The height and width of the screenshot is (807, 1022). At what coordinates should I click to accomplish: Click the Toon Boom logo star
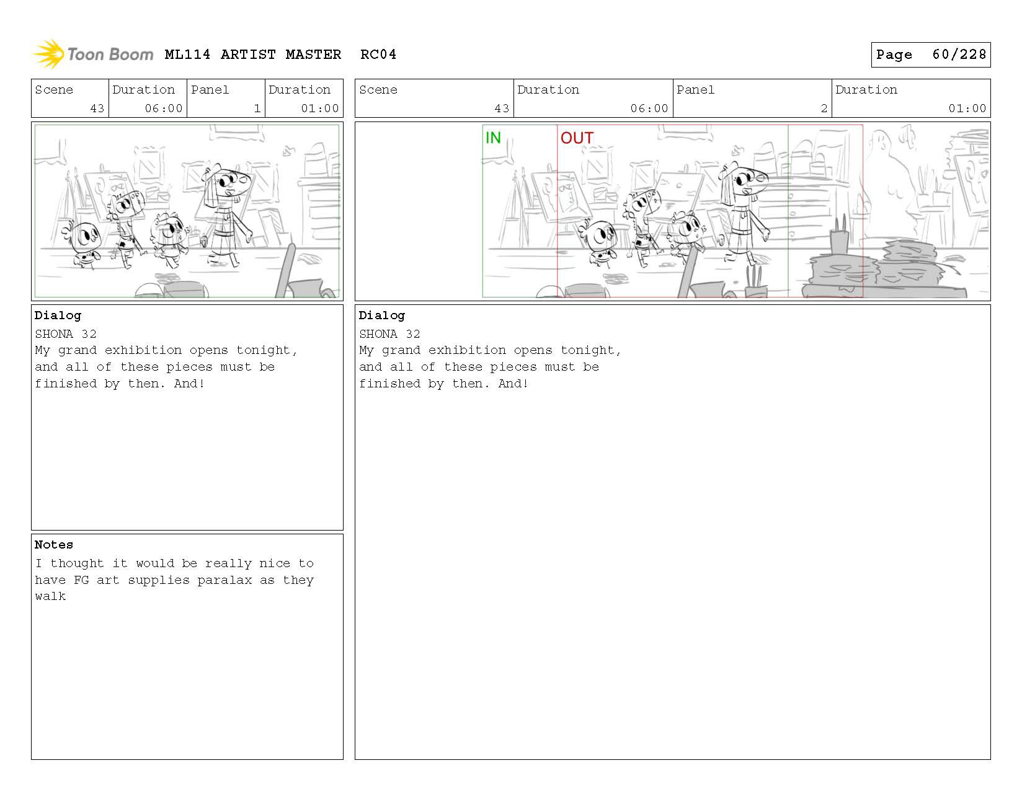pyautogui.click(x=48, y=54)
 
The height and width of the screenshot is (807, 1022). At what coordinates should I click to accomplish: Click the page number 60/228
pyautogui.click(x=959, y=55)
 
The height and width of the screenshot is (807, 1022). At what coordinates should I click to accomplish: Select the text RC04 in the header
pyautogui.click(x=378, y=55)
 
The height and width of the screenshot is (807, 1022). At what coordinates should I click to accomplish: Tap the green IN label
pyautogui.click(x=493, y=138)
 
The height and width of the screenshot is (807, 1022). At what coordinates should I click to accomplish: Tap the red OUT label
pyautogui.click(x=577, y=138)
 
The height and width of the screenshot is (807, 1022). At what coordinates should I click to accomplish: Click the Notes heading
pyautogui.click(x=54, y=545)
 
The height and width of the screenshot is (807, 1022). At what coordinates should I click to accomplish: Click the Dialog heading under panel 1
pyautogui.click(x=58, y=315)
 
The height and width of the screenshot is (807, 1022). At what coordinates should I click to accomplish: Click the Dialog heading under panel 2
pyautogui.click(x=382, y=315)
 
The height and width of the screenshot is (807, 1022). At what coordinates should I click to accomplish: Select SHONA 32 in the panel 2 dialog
pyautogui.click(x=389, y=334)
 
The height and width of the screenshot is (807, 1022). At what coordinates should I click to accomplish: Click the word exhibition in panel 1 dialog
pyautogui.click(x=143, y=350)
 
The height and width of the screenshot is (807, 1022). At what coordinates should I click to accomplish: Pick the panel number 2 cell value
pyautogui.click(x=824, y=108)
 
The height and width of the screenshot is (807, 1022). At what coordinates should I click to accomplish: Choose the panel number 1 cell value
pyautogui.click(x=257, y=108)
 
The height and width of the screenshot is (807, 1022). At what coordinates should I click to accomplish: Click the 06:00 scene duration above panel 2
pyautogui.click(x=649, y=108)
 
